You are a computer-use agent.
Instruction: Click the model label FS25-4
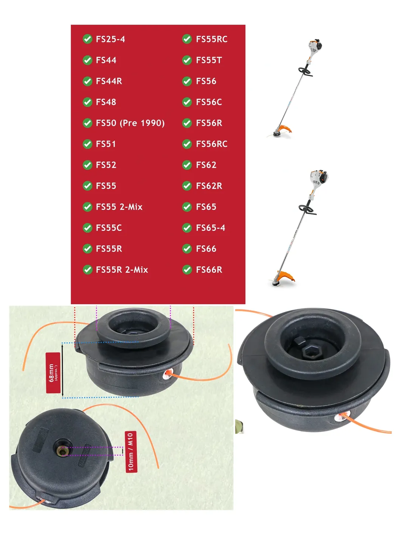(110, 39)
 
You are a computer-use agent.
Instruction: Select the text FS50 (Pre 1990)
(130, 123)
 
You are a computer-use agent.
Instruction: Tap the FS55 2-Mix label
(119, 207)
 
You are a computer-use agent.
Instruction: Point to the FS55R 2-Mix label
(122, 269)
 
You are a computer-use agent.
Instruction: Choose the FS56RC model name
(212, 144)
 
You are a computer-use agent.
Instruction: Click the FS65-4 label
(211, 228)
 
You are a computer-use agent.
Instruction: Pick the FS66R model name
(209, 269)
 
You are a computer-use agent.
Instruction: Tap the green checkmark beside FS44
(87, 60)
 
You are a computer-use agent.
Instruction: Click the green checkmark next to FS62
(187, 165)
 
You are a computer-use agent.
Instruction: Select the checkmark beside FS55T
(187, 60)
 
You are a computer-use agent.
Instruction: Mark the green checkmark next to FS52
(87, 165)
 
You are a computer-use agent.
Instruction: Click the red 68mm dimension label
(53, 372)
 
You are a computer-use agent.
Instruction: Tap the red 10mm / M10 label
(131, 452)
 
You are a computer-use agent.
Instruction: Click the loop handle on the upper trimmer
(305, 72)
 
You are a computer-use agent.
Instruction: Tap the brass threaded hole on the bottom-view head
(62, 451)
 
